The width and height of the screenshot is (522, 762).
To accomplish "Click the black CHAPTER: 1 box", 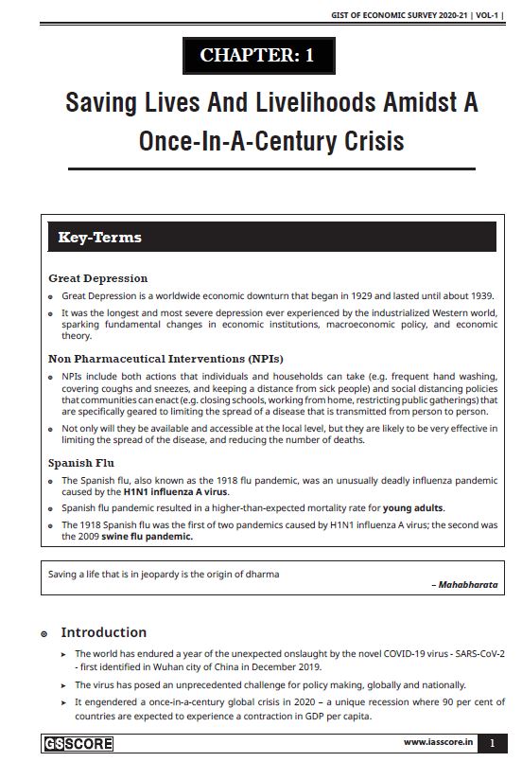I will click(x=258, y=56).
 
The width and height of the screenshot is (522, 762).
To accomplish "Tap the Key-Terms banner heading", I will click(x=99, y=237).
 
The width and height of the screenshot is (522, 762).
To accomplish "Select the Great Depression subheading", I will click(x=98, y=278).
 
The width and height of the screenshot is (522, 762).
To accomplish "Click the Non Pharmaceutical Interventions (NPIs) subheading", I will click(x=165, y=359).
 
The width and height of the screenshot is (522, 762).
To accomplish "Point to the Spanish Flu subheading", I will click(x=84, y=463).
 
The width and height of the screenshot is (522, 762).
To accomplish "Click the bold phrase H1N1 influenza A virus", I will click(x=175, y=492).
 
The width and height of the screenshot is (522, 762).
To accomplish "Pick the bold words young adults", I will click(x=412, y=508).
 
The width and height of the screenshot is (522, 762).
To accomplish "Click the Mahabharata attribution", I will click(x=466, y=585).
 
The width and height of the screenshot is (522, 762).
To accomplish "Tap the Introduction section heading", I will click(x=104, y=631).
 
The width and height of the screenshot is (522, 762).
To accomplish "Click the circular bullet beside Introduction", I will click(x=43, y=632).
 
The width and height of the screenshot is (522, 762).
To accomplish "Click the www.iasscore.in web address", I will click(x=438, y=743).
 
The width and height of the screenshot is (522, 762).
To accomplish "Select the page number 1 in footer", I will click(x=491, y=743).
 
